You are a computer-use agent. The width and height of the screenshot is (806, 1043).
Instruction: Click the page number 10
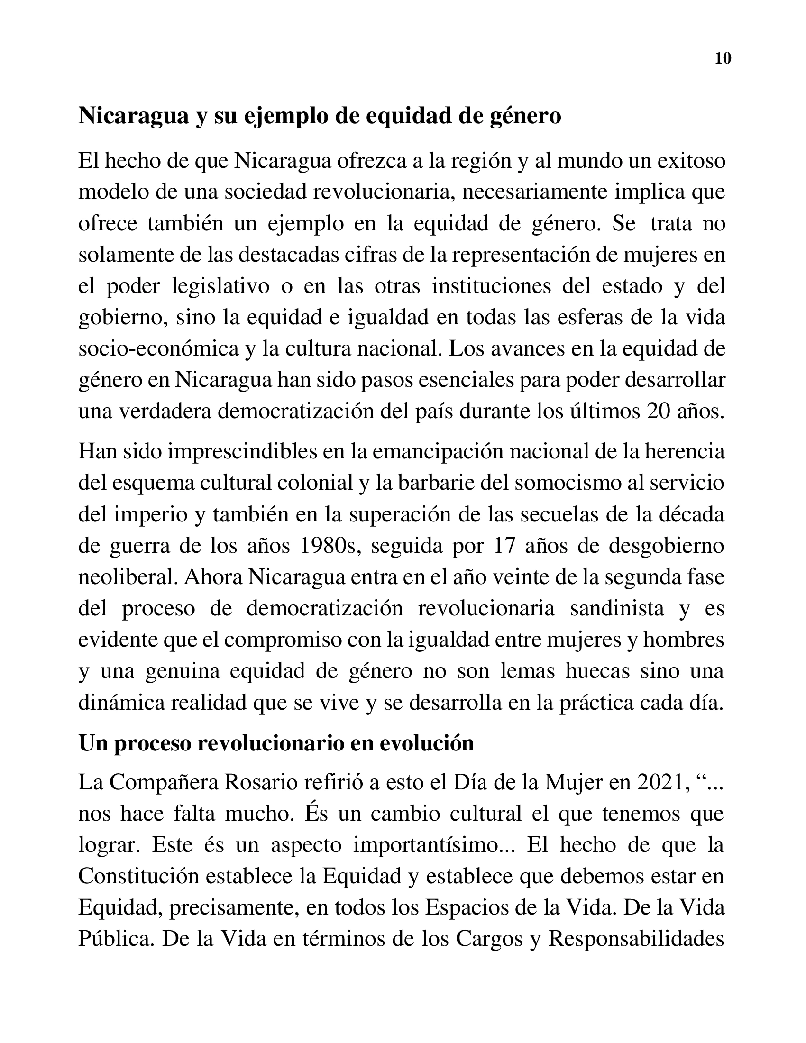click(x=723, y=58)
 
